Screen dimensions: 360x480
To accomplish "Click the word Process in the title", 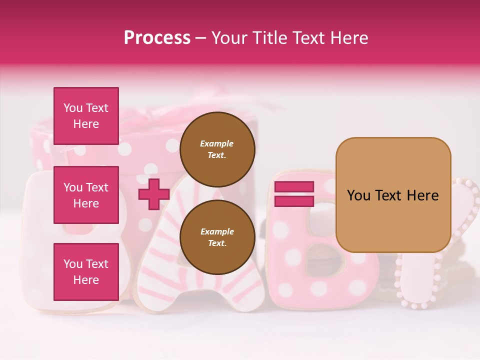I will [x=157, y=38].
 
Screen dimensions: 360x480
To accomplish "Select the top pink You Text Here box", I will [x=86, y=116].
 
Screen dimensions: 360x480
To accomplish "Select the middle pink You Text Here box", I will [x=86, y=195].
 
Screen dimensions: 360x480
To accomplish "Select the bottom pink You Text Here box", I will [x=86, y=271].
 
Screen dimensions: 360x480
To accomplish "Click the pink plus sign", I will [x=153, y=194].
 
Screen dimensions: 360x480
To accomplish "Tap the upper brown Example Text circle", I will [x=217, y=149].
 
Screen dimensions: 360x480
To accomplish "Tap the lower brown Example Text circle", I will [x=217, y=237].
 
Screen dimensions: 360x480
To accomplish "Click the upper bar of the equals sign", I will [x=294, y=187].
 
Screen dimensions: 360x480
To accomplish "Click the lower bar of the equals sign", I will [x=294, y=201].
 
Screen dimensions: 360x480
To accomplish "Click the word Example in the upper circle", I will [x=217, y=143].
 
